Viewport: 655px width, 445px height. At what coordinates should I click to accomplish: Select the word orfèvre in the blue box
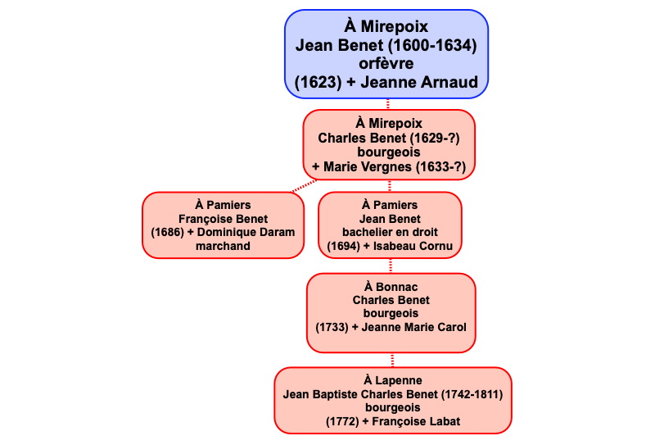tap(386, 63)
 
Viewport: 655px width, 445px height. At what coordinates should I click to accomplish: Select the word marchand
tap(224, 246)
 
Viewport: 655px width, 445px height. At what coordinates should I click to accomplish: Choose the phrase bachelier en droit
tap(390, 233)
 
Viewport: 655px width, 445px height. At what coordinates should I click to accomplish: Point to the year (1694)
tap(342, 246)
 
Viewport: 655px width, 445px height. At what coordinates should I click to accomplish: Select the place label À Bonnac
tap(391, 287)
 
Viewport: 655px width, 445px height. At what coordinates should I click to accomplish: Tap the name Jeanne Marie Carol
tap(418, 327)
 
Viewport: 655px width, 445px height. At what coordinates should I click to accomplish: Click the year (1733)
tap(332, 327)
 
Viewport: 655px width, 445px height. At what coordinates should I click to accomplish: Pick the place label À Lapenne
tap(392, 381)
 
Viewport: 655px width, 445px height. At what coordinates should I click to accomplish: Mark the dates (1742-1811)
tap(472, 394)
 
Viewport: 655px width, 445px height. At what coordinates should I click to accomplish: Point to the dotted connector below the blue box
tap(388, 105)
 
